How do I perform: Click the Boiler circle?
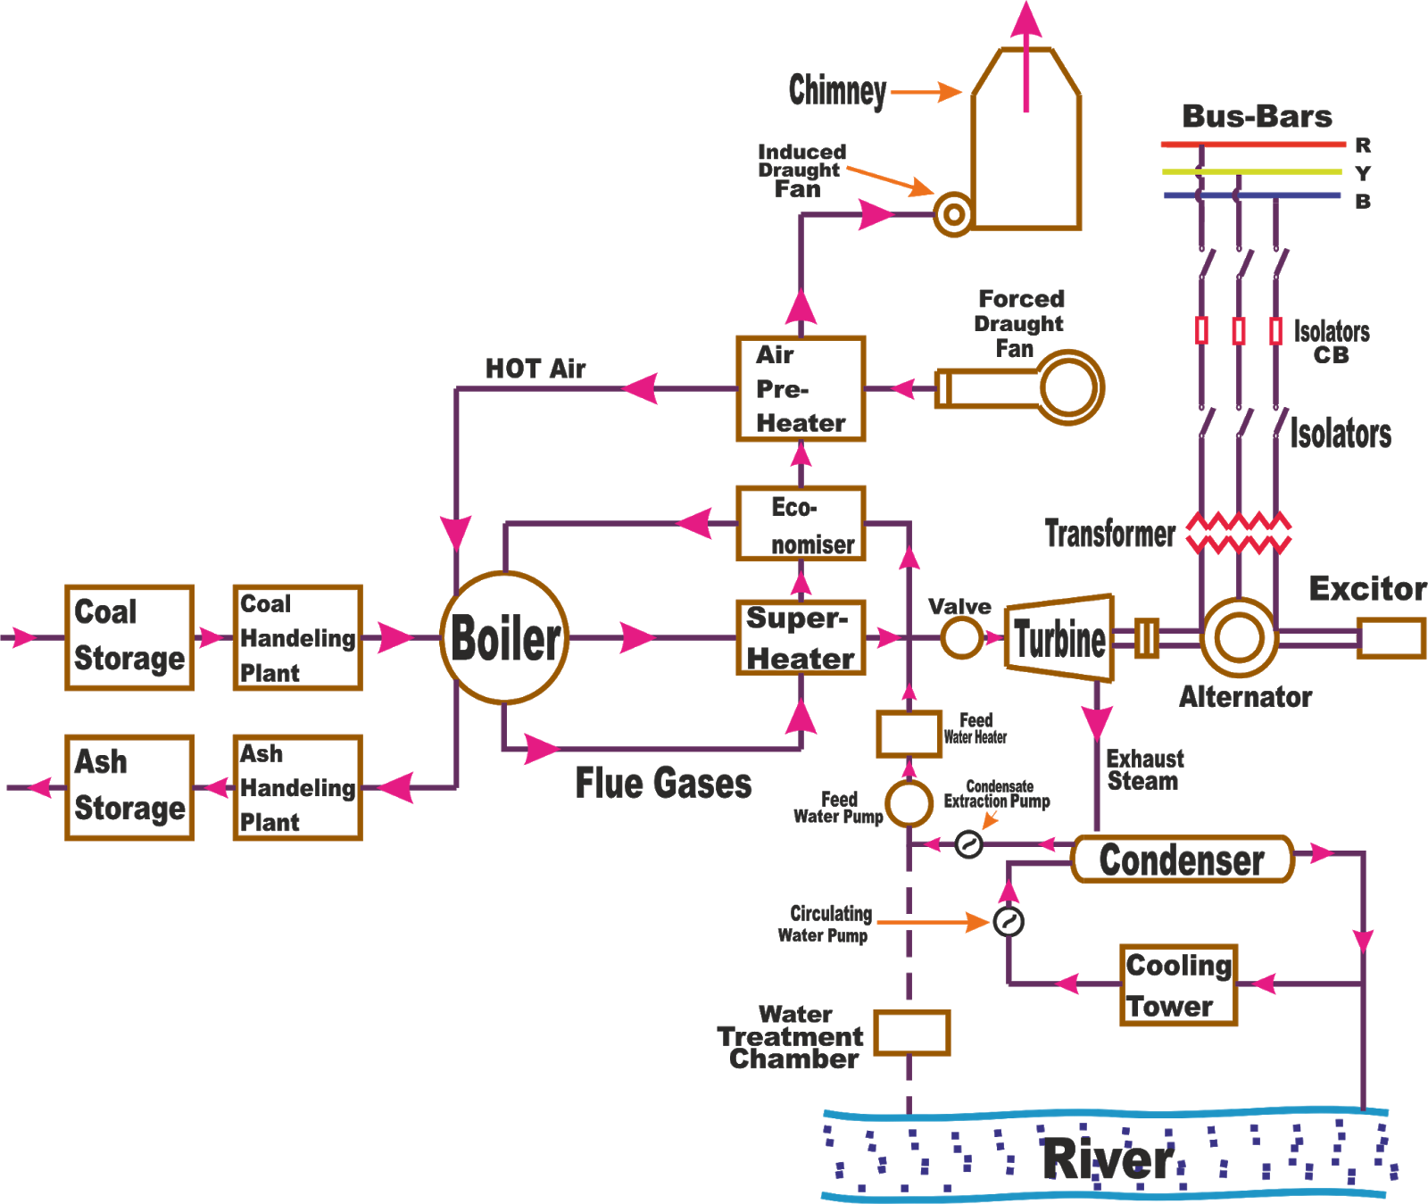coord(504,638)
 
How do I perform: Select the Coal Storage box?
coord(129,637)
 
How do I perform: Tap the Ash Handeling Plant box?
coord(297,787)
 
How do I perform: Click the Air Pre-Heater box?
coord(801,388)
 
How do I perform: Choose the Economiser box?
coord(801,524)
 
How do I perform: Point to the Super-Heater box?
coord(801,638)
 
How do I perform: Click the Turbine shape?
coord(1059,638)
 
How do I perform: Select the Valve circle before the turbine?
coord(961,638)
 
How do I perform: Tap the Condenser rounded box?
coord(1182,859)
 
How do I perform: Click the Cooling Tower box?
coord(1178,985)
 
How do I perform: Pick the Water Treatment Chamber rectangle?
coord(910,1034)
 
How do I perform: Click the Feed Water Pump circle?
coord(909,802)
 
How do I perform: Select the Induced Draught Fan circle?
coord(953,214)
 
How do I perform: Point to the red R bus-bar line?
coord(1252,144)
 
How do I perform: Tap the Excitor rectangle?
coord(1390,638)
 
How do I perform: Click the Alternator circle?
coord(1239,638)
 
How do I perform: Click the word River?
coord(1109,1158)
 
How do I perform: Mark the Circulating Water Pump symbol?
coord(1008,921)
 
